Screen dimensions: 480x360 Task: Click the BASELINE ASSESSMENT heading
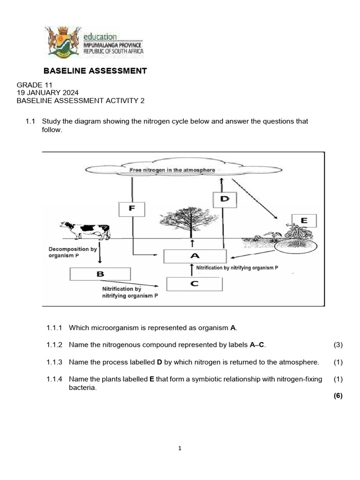coord(95,71)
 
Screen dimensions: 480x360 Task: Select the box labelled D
coord(225,199)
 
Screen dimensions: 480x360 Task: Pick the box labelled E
coord(304,221)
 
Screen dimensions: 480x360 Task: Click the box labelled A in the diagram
coord(195,256)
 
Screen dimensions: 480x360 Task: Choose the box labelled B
coord(100,274)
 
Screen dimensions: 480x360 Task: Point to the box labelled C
coord(195,284)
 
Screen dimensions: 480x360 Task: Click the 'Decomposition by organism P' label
coord(73,253)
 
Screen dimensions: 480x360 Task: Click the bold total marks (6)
coord(338,396)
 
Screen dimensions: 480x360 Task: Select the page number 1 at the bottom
coord(180,449)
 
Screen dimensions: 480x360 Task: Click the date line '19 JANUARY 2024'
coord(48,92)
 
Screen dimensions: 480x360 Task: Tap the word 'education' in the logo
coord(100,37)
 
